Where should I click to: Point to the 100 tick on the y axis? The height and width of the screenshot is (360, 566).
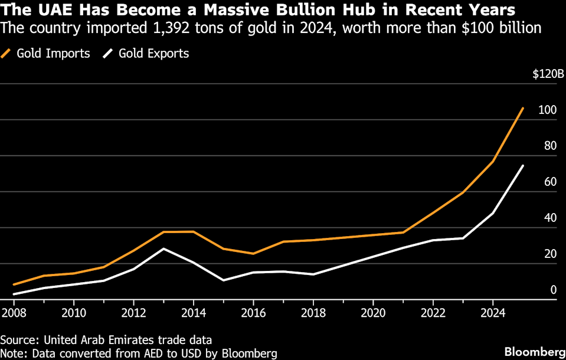pyautogui.click(x=548, y=110)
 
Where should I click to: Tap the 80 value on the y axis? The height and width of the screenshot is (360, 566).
pyautogui.click(x=550, y=146)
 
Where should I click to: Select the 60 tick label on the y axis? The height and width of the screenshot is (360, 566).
pyautogui.click(x=550, y=182)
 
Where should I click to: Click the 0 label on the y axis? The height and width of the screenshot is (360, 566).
pyautogui.click(x=554, y=289)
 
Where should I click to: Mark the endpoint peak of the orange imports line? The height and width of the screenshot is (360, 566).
pyautogui.click(x=523, y=108)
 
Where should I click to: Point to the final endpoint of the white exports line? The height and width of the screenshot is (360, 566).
pyautogui.click(x=523, y=166)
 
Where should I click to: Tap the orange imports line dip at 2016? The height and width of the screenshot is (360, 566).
pyautogui.click(x=253, y=254)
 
